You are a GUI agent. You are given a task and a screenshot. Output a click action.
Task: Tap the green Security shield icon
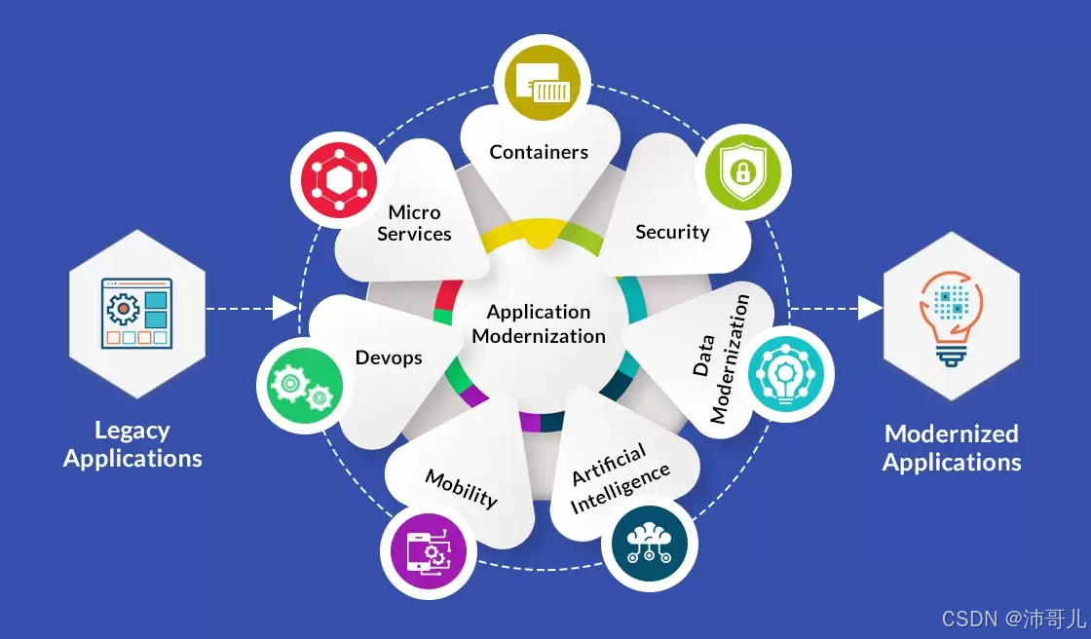point(742,172)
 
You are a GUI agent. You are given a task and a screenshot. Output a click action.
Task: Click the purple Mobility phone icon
point(430,552)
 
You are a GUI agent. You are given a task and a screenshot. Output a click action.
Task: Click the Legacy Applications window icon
point(136,313)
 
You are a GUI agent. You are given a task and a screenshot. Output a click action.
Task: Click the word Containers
point(539,152)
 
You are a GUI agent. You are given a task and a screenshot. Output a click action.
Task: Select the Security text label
point(672,232)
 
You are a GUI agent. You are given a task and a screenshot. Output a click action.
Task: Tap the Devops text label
point(389,357)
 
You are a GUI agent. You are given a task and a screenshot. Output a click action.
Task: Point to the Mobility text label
point(462,486)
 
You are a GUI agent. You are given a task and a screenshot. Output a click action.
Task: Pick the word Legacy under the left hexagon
point(132,431)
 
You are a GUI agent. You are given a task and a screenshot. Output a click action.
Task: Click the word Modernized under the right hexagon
point(951,433)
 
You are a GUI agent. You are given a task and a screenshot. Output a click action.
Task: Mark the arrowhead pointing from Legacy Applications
point(285,309)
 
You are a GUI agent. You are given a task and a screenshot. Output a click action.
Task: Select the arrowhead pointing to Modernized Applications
point(869,309)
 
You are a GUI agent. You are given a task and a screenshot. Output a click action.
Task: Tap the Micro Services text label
point(414,223)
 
